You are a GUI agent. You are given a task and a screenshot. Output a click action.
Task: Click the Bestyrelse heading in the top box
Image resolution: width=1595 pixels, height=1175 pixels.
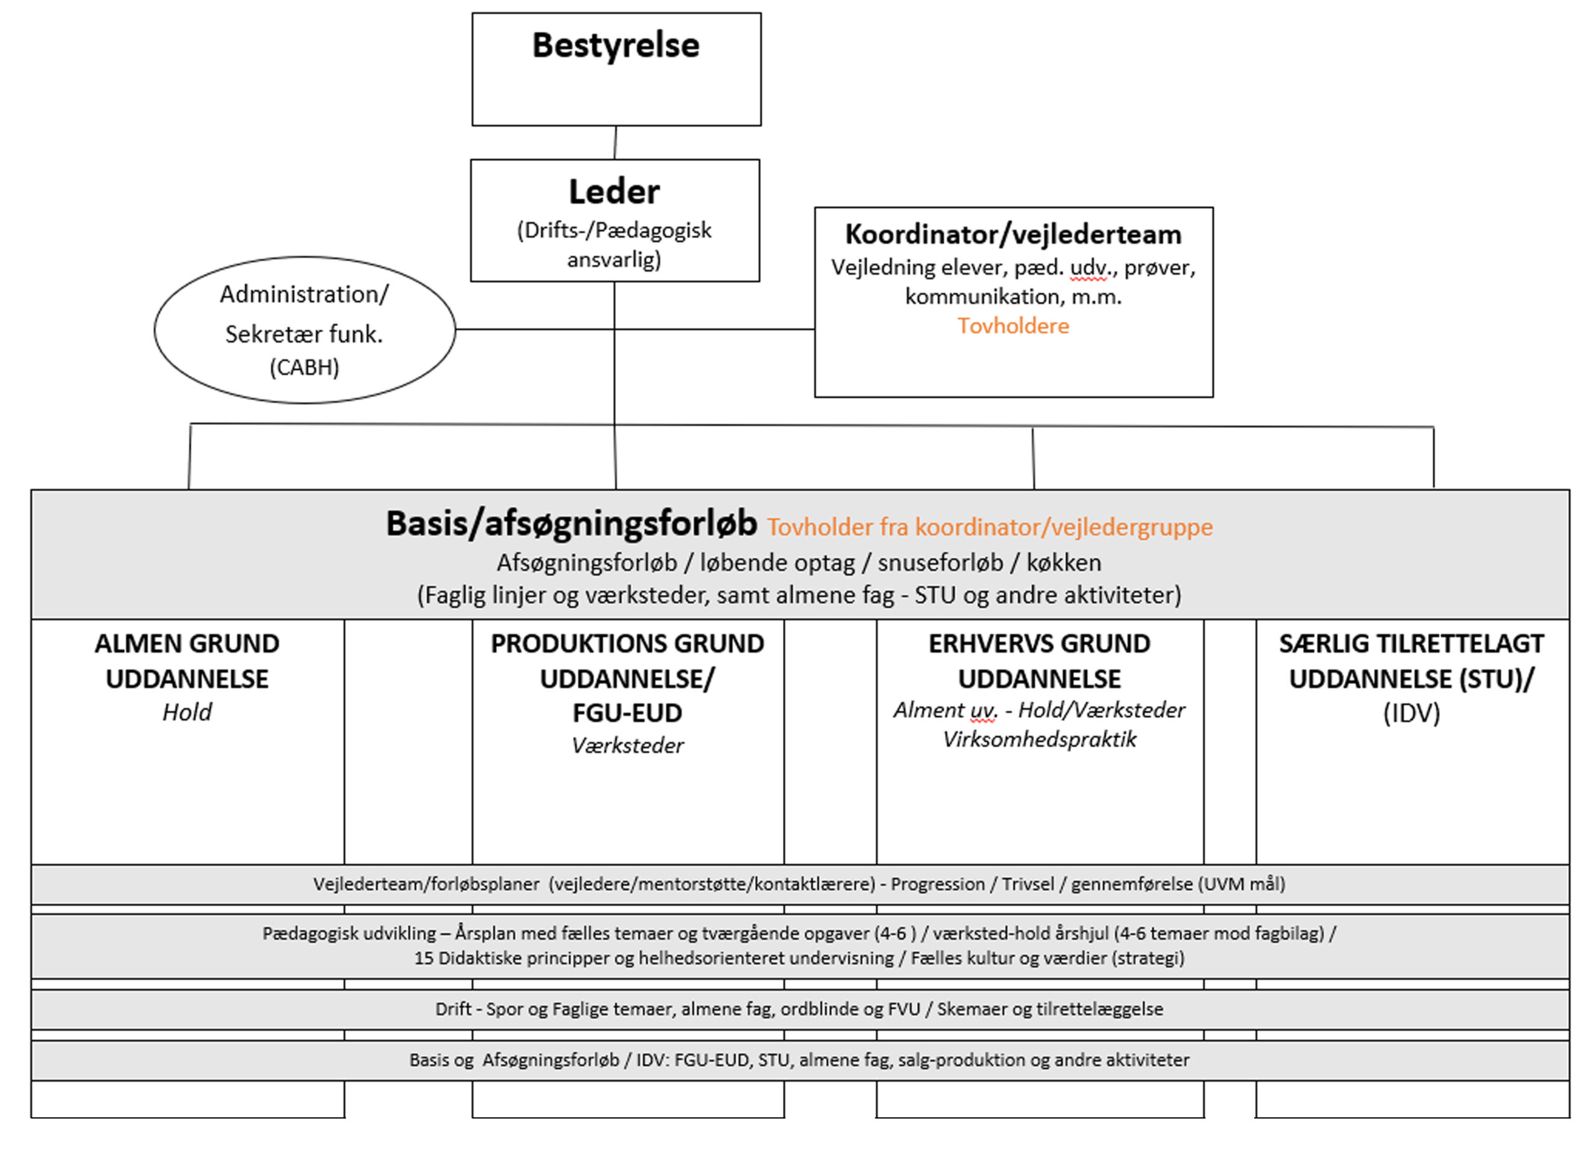click(616, 45)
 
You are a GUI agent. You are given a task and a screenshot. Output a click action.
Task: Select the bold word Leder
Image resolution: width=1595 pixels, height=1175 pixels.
click(614, 191)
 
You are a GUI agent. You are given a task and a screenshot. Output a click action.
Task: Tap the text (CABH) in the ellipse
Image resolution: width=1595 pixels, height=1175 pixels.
click(304, 367)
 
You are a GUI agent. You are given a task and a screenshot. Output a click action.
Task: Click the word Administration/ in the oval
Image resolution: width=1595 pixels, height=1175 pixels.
click(304, 294)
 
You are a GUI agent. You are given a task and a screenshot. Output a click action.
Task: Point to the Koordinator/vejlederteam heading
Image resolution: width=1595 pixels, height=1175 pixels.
click(1013, 234)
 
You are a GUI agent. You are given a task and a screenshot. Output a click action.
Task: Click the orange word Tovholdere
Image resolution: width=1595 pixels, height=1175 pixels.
click(1013, 326)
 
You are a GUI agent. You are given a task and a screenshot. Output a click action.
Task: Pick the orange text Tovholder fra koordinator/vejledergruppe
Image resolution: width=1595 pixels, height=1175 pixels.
click(990, 527)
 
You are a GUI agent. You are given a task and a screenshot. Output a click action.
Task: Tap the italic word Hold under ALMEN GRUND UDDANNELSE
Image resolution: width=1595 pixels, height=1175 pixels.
click(187, 712)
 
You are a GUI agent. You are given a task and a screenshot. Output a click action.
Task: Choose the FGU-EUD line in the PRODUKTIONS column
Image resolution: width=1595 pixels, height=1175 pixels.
click(627, 713)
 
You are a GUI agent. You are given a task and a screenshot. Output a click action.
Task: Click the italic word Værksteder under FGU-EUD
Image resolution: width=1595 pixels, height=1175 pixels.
click(628, 745)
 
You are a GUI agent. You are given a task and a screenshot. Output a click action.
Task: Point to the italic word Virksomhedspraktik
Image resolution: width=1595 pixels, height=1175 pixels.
click(1040, 740)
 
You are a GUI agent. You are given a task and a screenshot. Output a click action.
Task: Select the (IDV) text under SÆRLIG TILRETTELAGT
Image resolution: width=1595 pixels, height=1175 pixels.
click(1412, 713)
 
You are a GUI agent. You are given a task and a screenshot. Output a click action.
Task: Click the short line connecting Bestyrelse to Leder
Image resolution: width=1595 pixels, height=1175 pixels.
click(615, 143)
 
